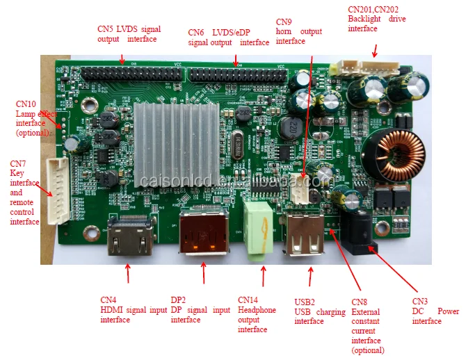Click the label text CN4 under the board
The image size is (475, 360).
108,300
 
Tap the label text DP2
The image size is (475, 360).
179,300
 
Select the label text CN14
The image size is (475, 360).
248,300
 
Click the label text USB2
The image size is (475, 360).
305,302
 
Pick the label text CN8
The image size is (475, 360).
359,302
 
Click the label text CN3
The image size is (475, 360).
419,301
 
